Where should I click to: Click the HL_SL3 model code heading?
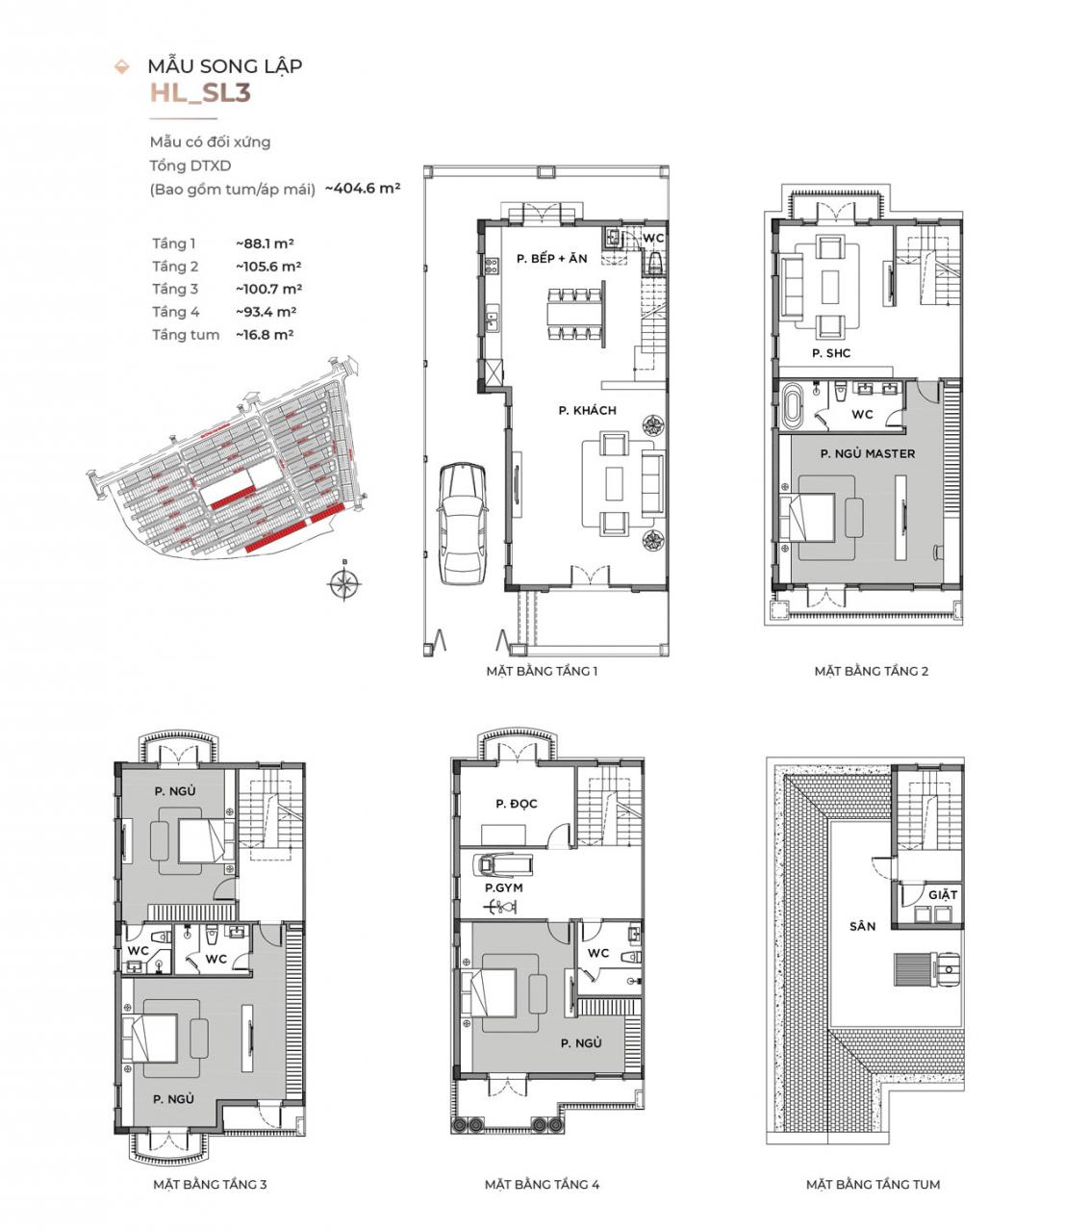[200, 92]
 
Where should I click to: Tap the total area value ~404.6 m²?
[363, 189]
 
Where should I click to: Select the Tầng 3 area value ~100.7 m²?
[268, 289]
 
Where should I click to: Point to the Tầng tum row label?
[186, 335]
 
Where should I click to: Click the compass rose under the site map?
[344, 583]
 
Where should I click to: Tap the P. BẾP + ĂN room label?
[551, 259]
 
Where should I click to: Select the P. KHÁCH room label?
[587, 410]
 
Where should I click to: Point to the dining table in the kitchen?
[574, 314]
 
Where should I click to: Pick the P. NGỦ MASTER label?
[867, 453]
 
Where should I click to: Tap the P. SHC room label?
[831, 353]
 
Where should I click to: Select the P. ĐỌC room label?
[517, 804]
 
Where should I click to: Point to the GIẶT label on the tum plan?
[943, 895]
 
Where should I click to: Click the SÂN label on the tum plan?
[862, 926]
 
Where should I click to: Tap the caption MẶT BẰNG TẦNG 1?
[542, 671]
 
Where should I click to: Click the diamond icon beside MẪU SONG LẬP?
[121, 66]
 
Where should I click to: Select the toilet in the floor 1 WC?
[655, 263]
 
